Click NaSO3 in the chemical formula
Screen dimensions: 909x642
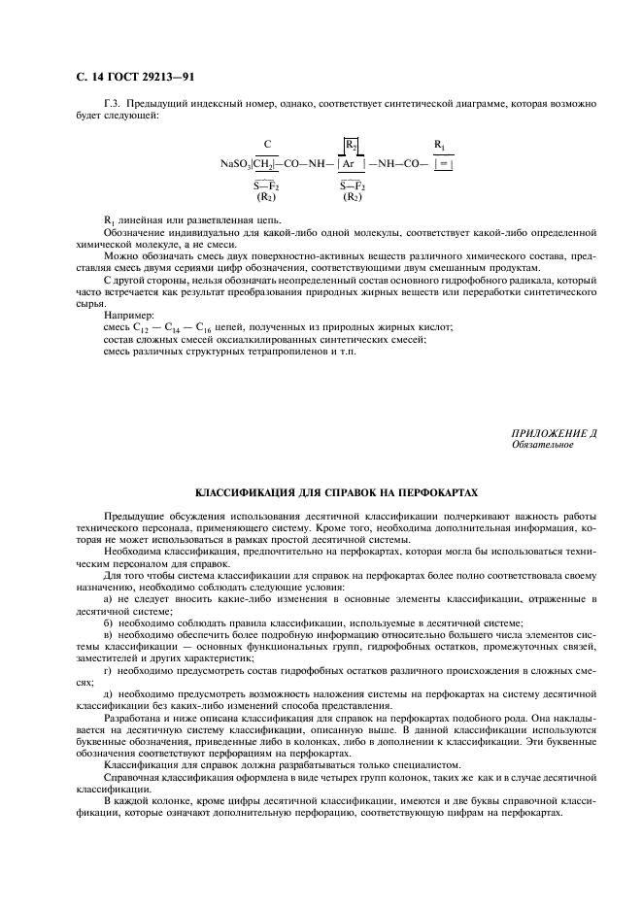coord(236,165)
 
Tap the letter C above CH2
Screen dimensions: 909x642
coord(267,145)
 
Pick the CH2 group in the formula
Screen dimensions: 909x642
coord(266,165)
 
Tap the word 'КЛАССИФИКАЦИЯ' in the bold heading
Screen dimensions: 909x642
coord(247,491)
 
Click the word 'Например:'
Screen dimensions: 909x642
coord(126,315)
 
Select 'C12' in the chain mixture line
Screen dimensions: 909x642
coord(150,328)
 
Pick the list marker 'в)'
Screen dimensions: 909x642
coord(109,634)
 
